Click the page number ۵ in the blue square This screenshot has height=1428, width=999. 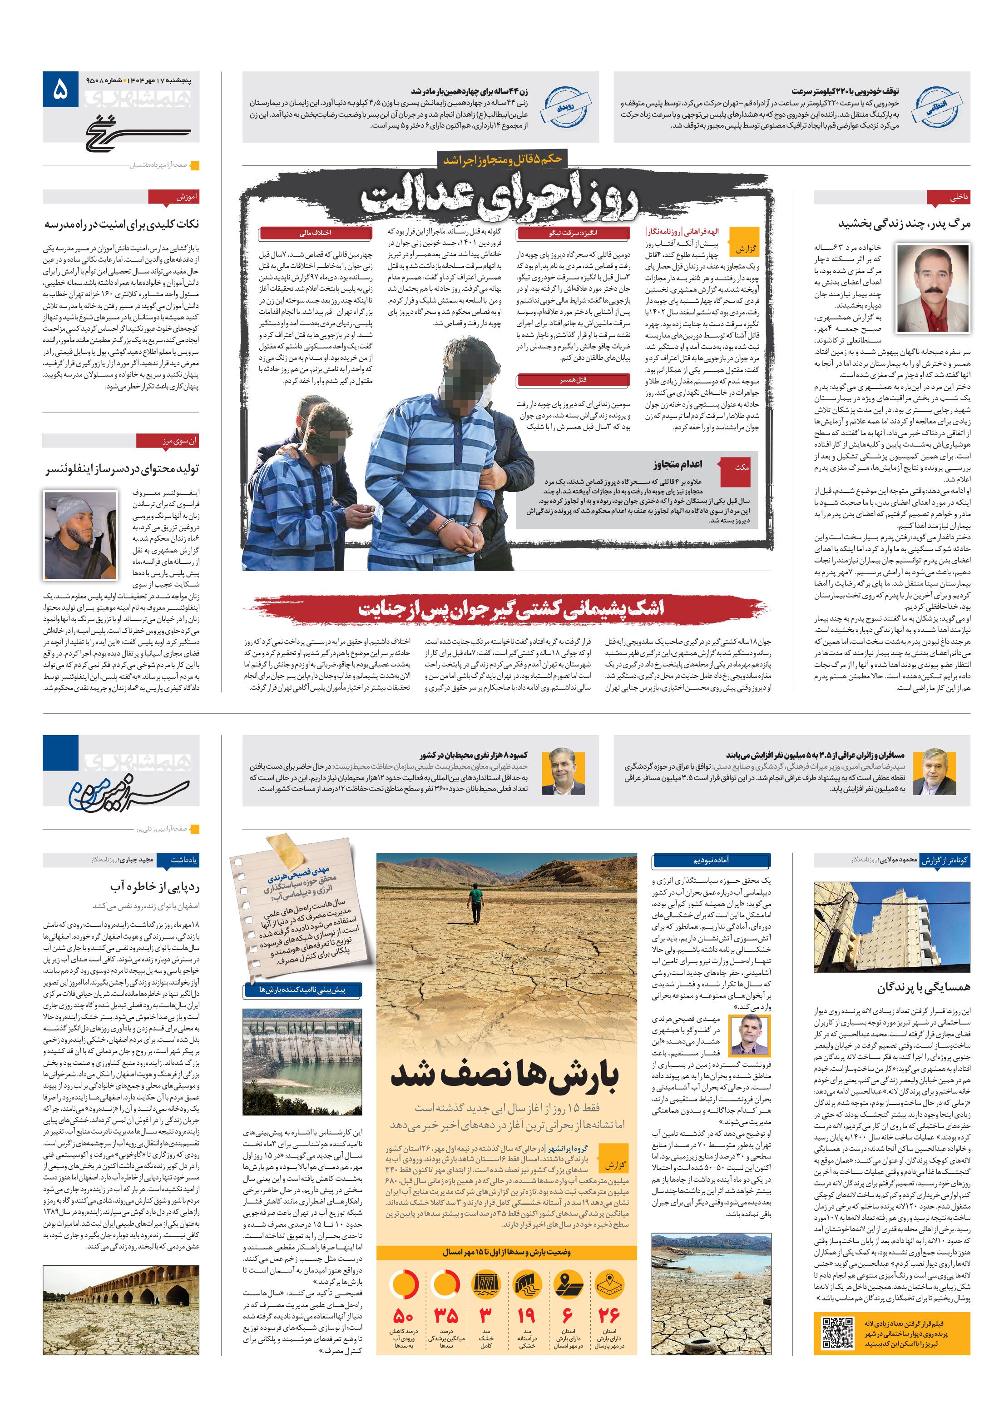point(59,90)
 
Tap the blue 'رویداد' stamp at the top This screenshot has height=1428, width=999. point(564,107)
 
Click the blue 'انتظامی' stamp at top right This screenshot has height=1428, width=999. point(935,107)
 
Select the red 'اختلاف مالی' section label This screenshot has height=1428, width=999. point(315,233)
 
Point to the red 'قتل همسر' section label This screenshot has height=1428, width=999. point(573,379)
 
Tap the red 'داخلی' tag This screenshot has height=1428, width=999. point(949,197)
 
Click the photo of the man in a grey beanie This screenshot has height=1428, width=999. point(79,535)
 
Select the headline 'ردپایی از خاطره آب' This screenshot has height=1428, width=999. point(154,886)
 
